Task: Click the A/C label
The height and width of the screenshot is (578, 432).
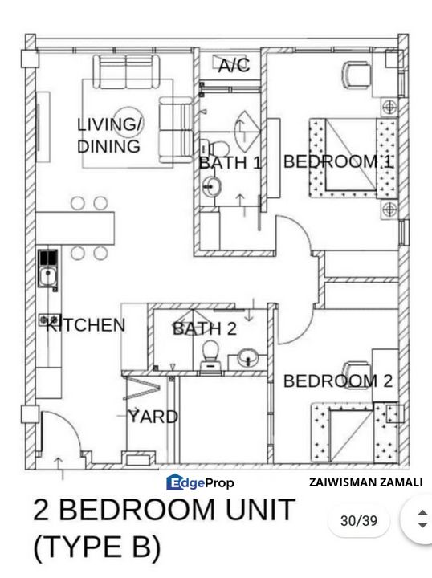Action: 234,67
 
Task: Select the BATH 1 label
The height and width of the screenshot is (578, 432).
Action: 230,163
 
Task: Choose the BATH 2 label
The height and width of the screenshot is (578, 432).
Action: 204,328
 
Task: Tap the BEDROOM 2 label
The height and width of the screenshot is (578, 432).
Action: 338,381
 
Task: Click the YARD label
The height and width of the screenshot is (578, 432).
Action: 153,417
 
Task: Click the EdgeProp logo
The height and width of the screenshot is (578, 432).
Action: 200,482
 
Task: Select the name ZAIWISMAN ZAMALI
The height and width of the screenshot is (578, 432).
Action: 365,482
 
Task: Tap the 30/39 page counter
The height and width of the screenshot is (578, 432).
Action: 359,521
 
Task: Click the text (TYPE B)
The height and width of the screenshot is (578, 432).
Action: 96,548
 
